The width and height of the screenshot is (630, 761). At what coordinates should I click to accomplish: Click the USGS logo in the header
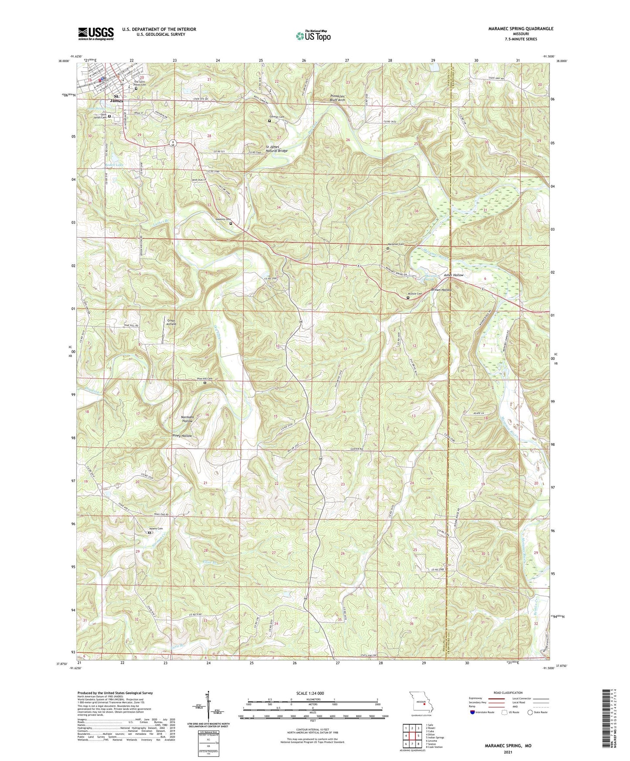[x=96, y=34]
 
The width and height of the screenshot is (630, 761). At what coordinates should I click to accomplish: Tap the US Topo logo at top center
[x=313, y=36]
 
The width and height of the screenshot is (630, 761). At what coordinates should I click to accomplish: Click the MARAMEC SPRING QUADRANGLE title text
[x=514, y=29]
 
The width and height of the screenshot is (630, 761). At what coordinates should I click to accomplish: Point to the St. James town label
[x=116, y=99]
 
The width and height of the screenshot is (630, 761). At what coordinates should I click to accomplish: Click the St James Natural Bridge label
[x=277, y=149]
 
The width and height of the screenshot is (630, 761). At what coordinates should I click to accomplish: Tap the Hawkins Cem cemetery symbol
[x=231, y=224]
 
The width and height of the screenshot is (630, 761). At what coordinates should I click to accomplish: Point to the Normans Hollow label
[x=187, y=419]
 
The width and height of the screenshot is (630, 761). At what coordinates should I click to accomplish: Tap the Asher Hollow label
[x=453, y=275]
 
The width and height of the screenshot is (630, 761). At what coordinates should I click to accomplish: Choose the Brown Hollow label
[x=441, y=290]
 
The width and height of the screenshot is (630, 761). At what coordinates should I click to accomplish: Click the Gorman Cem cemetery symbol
[x=269, y=121]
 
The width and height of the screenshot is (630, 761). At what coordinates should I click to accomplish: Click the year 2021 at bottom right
[x=508, y=752]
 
